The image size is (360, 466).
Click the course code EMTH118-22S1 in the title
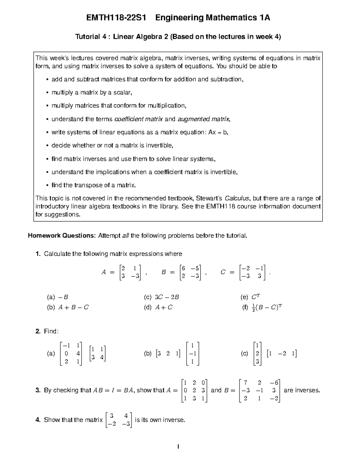116,18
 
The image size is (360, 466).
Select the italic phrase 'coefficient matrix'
139,119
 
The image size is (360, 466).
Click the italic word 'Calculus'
237,198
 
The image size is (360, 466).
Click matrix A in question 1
130,272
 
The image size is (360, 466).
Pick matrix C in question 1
252,272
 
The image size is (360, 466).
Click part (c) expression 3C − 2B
167,297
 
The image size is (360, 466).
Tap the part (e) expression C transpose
256,297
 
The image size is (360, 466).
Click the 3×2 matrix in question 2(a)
71,353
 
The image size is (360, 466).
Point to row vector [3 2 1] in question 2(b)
168,354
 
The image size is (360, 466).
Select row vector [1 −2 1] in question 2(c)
282,354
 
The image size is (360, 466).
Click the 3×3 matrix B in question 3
259,391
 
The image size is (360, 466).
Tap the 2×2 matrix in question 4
119,420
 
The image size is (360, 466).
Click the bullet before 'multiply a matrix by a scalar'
47,93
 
